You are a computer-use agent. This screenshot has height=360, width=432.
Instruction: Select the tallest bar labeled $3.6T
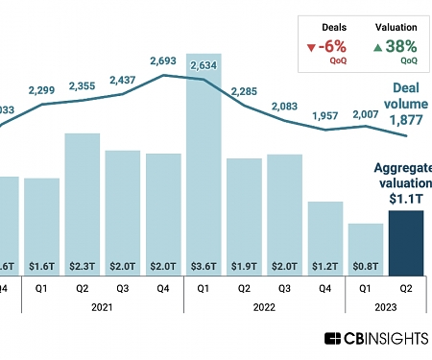coord(204,163)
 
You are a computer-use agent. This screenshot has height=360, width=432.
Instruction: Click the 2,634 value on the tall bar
coord(204,65)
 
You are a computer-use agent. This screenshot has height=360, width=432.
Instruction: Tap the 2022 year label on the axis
coord(265,308)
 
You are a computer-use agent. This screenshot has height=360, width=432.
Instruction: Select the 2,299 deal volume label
coord(42,90)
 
